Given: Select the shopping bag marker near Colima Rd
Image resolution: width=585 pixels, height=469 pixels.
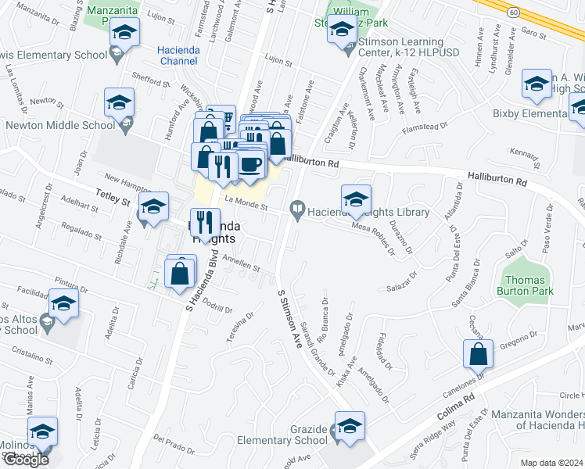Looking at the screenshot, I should coord(477,354).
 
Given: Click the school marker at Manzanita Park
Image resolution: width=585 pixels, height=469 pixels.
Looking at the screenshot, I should coord(123,34).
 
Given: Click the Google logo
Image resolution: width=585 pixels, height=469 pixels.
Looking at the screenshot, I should coord(26,460).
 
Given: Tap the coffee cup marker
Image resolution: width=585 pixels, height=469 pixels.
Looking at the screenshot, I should coord(251,165).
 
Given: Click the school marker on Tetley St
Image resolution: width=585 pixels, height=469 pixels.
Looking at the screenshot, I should coord(153,206).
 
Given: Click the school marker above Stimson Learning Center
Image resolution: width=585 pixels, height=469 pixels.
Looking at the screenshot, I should coord(342,29).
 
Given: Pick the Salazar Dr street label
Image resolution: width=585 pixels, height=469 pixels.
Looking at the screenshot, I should coord(404,288).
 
